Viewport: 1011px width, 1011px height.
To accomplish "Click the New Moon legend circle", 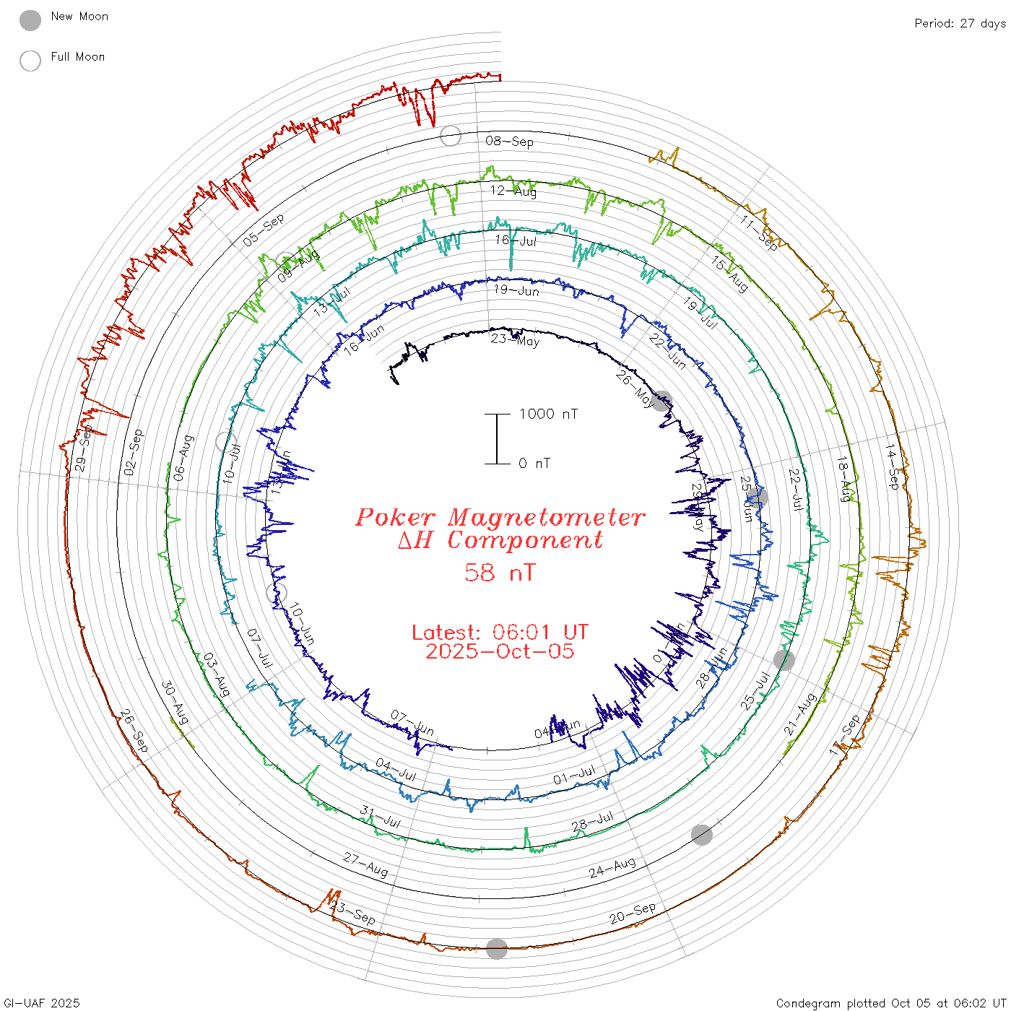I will coord(30,21).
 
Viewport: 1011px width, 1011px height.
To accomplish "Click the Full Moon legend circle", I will coord(30,61).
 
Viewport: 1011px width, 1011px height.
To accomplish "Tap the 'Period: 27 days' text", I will coord(960,24).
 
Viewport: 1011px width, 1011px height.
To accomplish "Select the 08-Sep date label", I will coord(509,142).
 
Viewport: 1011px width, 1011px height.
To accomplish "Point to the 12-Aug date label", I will coord(513,191).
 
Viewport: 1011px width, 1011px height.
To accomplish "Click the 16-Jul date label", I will coord(515,240).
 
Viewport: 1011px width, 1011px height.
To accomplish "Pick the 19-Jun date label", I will coord(516,290).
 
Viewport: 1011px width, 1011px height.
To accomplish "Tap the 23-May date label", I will coord(515,340).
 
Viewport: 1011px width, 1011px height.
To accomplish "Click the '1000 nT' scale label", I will coord(548,414).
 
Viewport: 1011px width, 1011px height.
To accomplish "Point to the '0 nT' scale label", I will coord(534,464).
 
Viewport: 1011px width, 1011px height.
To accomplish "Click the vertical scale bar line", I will coord(497,439).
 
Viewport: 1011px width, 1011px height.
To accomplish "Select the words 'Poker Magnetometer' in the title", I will coord(500,517).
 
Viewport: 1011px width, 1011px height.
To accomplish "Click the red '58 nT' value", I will coord(500,573).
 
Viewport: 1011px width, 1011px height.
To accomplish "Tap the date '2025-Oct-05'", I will coord(500,651).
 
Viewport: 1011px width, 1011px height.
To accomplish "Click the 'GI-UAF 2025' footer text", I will coord(42,1003).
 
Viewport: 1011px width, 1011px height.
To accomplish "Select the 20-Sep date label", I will coord(633,914).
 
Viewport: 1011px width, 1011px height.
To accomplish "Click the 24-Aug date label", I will coord(612,867).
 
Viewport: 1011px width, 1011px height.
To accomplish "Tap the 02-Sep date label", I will coord(134,452).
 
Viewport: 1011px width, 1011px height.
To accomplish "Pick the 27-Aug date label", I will coord(365,864).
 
